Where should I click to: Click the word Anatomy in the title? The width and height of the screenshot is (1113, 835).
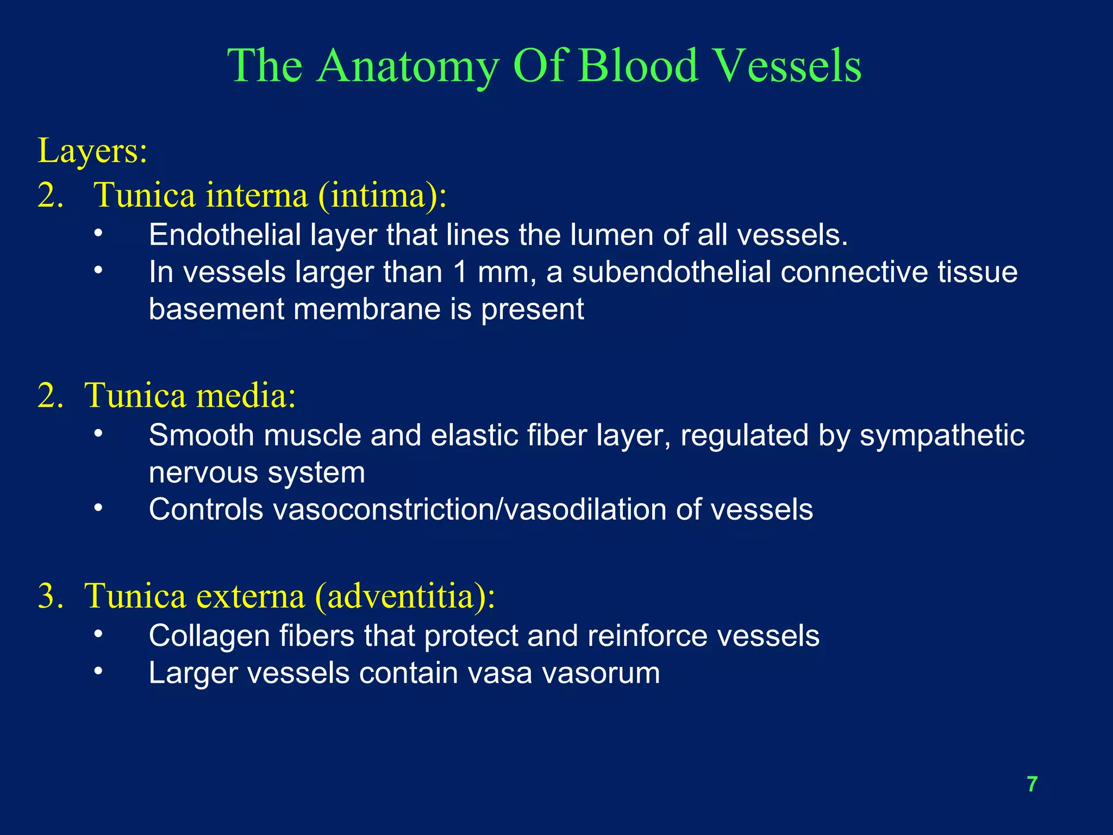point(408,66)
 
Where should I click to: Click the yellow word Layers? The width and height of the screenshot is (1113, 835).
point(92,151)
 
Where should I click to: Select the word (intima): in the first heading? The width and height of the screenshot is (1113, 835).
point(382,195)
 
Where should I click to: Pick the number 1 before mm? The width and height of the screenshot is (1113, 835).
point(460,272)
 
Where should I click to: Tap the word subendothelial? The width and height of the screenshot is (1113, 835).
point(672,272)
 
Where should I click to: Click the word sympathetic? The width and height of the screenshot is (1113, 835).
point(942,435)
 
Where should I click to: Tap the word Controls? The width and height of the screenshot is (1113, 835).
point(206,509)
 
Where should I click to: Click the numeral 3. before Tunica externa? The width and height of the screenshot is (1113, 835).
point(51,596)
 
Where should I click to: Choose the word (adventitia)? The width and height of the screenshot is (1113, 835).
point(405,596)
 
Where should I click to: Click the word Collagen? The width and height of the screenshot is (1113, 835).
point(209,636)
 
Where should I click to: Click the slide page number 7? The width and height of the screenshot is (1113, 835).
point(1032,784)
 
